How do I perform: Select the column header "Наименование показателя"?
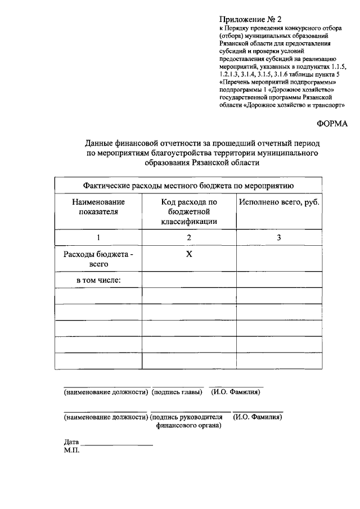coord(98,206)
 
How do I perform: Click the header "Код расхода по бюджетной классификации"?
coord(189,211)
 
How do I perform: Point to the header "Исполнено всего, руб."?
coord(278,201)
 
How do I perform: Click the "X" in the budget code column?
coord(189,254)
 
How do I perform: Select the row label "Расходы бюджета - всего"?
coord(98,259)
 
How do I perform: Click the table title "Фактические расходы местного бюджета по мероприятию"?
coord(189,184)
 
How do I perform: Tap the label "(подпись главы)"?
coord(177,391)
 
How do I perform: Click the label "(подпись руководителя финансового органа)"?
coord(188,421)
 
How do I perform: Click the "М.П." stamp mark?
coord(72,450)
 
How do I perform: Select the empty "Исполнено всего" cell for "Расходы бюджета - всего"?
coord(278,259)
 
